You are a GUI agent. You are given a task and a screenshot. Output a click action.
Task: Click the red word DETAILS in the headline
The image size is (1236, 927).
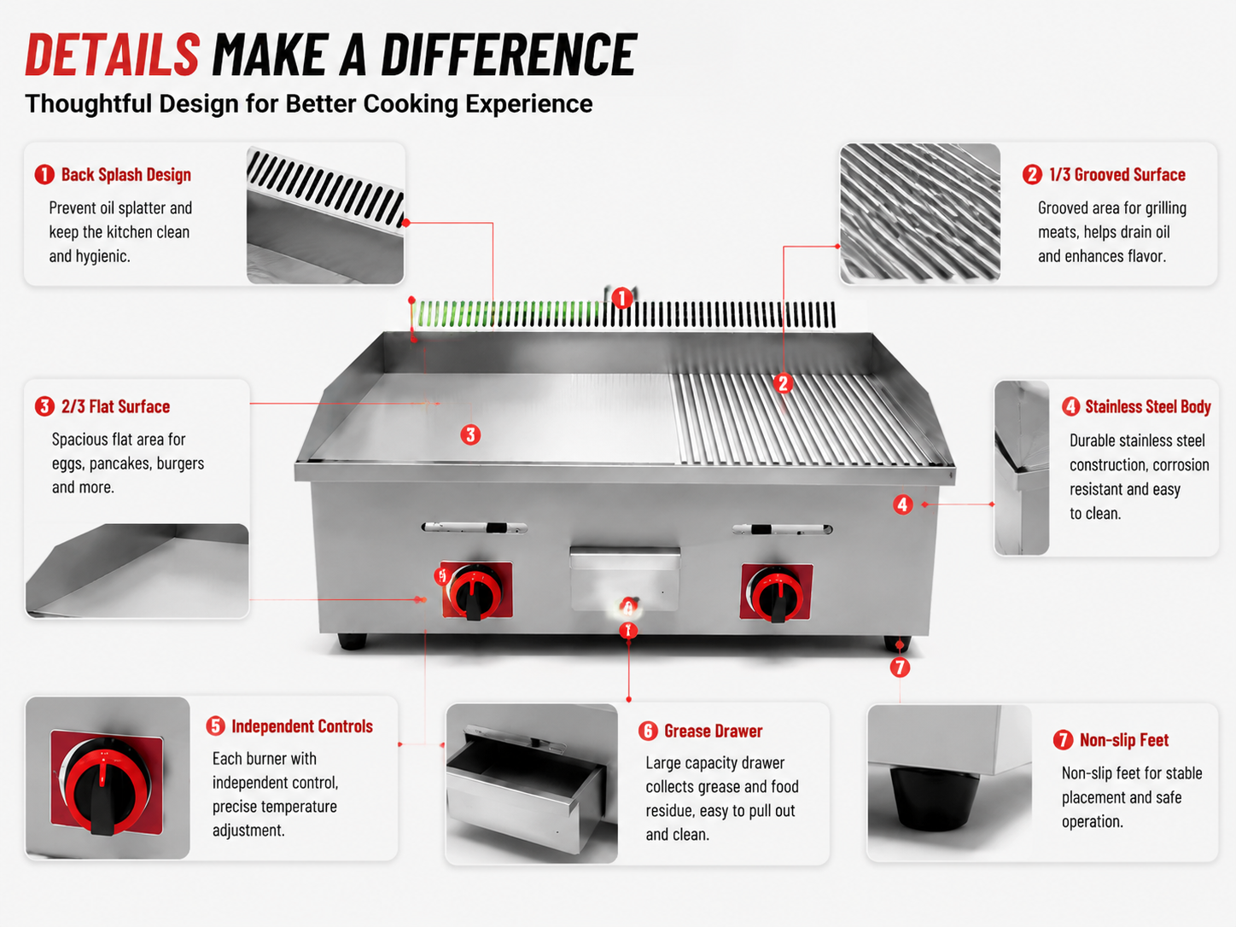[113, 54]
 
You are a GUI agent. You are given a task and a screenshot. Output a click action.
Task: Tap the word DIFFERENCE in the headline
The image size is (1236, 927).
[509, 54]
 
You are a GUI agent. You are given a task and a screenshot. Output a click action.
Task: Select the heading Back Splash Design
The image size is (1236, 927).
[126, 175]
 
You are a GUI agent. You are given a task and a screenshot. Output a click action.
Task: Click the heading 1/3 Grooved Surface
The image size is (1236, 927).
[1117, 175]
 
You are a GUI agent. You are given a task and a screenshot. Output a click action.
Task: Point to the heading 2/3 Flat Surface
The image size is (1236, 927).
[115, 406]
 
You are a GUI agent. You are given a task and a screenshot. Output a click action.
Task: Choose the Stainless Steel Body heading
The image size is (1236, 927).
[1147, 406]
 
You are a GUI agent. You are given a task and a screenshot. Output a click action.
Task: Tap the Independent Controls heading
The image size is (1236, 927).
[302, 726]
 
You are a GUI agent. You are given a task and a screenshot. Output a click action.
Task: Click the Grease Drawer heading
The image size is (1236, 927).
[713, 732]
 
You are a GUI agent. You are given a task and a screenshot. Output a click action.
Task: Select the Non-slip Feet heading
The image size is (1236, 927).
[1124, 740]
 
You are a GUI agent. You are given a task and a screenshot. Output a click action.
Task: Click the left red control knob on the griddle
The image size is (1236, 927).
[475, 592]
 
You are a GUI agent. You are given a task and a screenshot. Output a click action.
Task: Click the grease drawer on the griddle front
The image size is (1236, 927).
[625, 578]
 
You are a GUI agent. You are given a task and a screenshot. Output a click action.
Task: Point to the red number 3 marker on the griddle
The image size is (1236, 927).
[470, 435]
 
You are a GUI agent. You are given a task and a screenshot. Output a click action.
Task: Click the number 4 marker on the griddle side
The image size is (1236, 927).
[902, 504]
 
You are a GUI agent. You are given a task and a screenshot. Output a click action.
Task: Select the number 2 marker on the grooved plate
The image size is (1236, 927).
[783, 383]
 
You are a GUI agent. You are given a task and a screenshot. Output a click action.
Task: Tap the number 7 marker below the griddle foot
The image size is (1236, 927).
[900, 668]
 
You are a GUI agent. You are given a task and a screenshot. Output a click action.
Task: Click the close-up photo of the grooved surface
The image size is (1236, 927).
[920, 213]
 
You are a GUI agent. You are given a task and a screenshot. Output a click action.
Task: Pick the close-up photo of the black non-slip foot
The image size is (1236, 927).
[949, 783]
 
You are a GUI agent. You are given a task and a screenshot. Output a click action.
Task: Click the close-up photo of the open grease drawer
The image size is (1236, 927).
[532, 783]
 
